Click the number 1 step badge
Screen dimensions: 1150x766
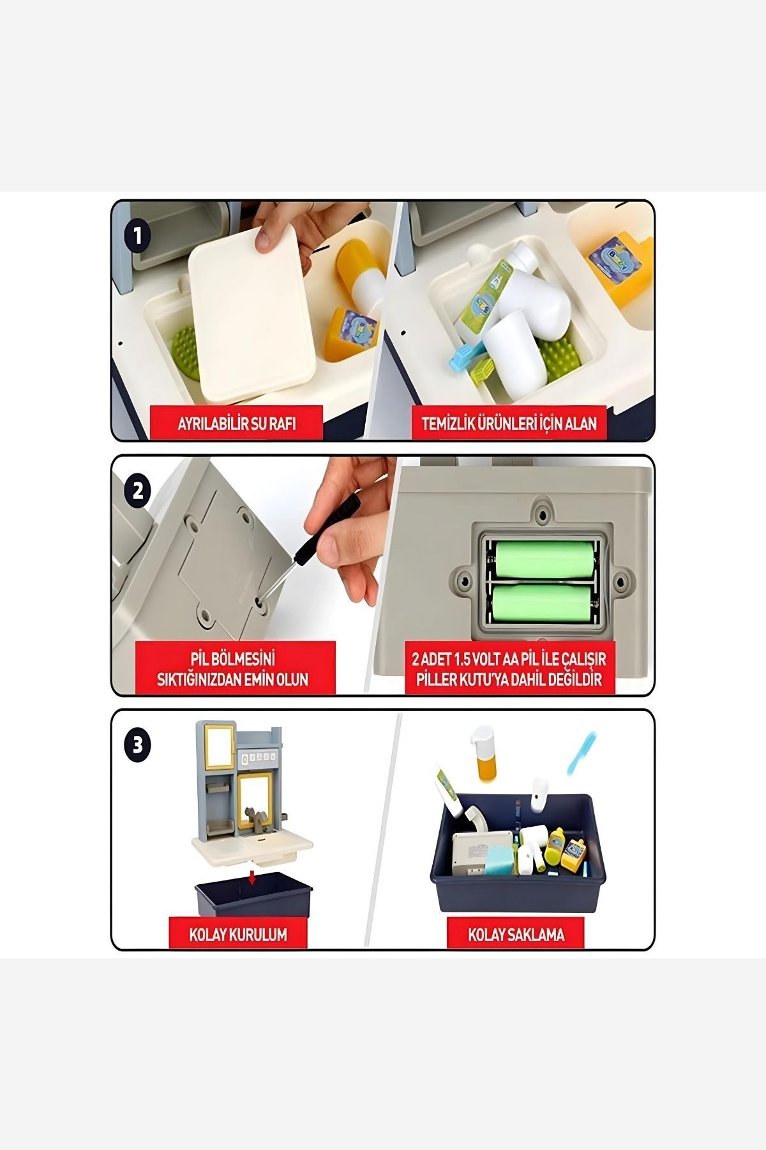[138, 237]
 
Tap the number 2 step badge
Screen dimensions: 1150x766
[139, 491]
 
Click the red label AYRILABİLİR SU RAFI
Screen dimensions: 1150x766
[236, 424]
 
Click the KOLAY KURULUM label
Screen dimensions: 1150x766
[238, 935]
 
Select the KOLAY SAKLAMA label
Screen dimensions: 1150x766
[516, 935]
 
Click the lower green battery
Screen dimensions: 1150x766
[541, 604]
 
